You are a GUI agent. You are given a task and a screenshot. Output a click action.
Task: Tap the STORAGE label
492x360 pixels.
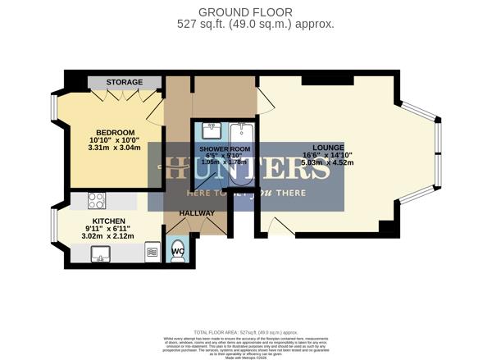pos(124,82)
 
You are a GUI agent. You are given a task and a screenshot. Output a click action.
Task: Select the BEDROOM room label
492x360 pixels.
pos(115,133)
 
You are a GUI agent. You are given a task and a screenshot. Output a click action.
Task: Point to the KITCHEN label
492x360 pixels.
pos(108,221)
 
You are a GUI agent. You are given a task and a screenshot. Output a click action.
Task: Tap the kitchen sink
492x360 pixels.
pos(101,255)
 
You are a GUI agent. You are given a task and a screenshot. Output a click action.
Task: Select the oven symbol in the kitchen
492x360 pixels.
pos(152,252)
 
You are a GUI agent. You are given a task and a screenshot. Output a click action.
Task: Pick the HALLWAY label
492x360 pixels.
pos(197,214)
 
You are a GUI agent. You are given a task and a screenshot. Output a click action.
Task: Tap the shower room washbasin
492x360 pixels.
pos(212,131)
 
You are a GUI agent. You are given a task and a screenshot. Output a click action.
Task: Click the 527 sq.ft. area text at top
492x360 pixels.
pos(255,24)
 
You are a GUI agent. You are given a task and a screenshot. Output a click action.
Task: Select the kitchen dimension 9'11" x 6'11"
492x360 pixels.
pos(108,230)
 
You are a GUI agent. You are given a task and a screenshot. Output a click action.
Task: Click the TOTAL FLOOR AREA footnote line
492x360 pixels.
pos(245,332)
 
